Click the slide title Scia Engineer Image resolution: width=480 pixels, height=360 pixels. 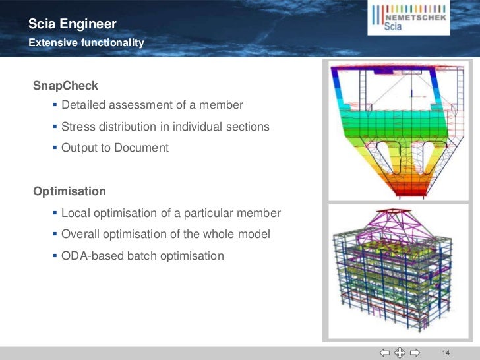73,25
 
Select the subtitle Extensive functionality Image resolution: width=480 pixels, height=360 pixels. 86,43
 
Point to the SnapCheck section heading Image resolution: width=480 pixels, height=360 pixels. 66,86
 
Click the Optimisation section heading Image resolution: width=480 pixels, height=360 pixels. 70,191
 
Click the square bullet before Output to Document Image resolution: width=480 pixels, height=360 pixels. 54,148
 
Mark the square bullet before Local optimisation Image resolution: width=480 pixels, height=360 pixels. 54,213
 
